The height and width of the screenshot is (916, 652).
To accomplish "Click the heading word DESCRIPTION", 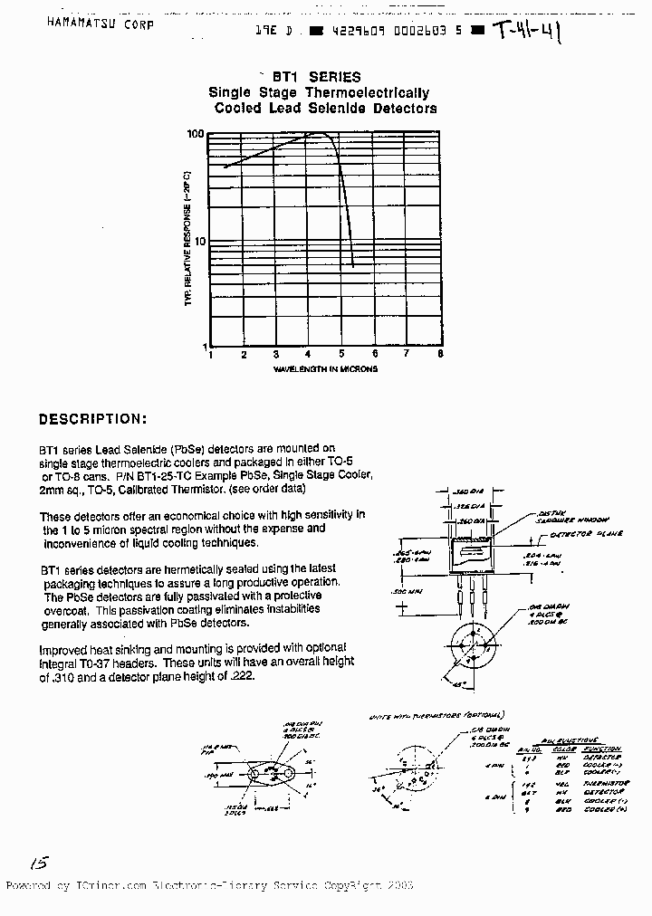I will point(91,419).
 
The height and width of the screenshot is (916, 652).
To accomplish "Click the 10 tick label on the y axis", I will point(198,241).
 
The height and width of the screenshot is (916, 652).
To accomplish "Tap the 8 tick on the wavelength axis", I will point(440,355).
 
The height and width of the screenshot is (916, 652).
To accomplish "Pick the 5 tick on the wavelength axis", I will point(341,355).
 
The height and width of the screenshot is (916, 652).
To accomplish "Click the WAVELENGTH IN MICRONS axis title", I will point(325,369).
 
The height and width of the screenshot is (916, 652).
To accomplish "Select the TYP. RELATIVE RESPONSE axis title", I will point(188,237).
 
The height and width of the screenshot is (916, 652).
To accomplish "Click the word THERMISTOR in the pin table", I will point(604,783).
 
